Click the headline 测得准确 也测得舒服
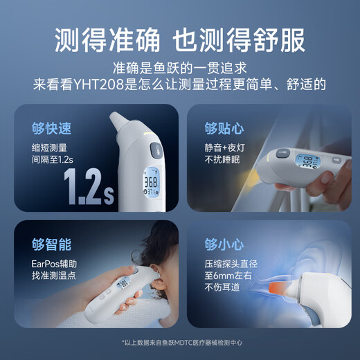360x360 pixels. [179, 39]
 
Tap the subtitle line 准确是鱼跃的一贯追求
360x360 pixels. [179, 69]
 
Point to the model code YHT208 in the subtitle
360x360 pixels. [103, 85]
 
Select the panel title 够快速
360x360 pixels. [51, 129]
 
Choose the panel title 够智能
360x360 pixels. [51, 244]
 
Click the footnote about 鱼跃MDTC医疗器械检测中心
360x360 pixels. [179, 342]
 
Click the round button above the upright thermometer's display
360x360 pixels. [155, 150]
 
